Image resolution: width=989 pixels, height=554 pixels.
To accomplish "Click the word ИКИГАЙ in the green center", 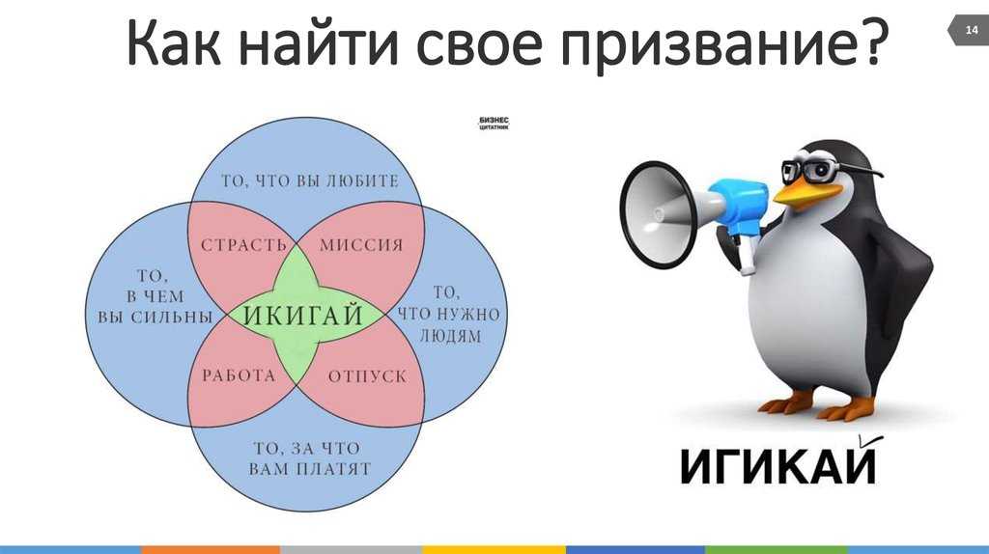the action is point(302,314).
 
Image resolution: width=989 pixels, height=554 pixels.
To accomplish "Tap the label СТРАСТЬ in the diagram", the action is point(243,245).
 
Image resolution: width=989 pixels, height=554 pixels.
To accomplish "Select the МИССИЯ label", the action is point(361,245).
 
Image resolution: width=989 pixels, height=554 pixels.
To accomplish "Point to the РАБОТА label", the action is point(240,375).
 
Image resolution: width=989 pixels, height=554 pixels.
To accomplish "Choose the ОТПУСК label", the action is point(368,376).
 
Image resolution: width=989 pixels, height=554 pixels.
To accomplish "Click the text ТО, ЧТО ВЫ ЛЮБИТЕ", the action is point(310,180).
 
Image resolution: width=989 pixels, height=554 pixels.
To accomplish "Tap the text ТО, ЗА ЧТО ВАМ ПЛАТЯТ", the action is point(309,458).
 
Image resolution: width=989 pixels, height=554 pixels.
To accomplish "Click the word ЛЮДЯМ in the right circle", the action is point(450,336).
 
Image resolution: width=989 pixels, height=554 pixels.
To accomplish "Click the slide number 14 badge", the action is point(969,30).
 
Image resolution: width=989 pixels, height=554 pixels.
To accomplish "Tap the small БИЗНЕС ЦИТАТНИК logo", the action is point(494,123).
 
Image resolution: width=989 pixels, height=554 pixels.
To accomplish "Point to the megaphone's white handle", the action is point(746,254).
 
